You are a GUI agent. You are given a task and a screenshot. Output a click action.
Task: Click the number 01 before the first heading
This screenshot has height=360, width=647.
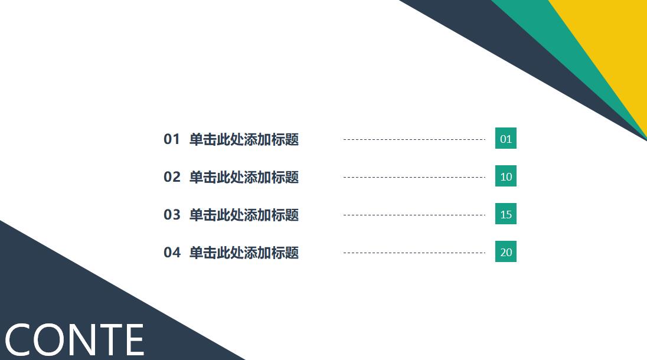coord(171,139)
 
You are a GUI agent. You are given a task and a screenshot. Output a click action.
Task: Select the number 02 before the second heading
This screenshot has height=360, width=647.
coord(172,177)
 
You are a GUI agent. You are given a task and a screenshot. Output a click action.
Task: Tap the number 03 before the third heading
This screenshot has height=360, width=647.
coord(172,215)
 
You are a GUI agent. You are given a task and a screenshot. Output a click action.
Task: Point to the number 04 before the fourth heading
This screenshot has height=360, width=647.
coord(172,253)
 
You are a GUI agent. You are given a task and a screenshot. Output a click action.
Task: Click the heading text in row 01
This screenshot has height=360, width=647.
coord(244,139)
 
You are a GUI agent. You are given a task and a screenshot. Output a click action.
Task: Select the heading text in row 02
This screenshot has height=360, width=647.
coord(244,177)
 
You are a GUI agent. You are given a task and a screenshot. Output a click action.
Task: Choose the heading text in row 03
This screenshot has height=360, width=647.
coord(244,215)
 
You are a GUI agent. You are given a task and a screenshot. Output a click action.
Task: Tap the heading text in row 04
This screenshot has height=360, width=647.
coord(244,253)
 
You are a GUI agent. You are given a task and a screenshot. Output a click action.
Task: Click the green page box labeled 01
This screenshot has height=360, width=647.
coord(506,139)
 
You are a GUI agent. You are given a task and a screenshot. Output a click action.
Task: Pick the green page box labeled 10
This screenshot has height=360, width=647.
coord(506,176)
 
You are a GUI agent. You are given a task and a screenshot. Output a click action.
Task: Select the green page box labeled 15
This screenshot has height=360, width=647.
coord(506,214)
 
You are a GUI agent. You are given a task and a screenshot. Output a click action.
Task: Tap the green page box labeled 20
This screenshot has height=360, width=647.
coord(506,252)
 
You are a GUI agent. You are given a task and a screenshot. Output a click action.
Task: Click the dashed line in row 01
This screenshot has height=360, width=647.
coord(414,140)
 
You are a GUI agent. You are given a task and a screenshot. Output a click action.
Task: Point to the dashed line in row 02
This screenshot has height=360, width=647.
coord(414,177)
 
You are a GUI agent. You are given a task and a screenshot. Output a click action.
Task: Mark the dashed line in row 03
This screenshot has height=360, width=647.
coord(414,215)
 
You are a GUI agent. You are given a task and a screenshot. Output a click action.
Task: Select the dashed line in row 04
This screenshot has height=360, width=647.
coord(414,253)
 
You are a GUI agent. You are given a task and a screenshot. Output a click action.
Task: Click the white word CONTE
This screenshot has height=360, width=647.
coord(74,341)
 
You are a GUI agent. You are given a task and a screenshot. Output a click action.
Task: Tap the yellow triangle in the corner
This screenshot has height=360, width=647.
coord(614,35)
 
